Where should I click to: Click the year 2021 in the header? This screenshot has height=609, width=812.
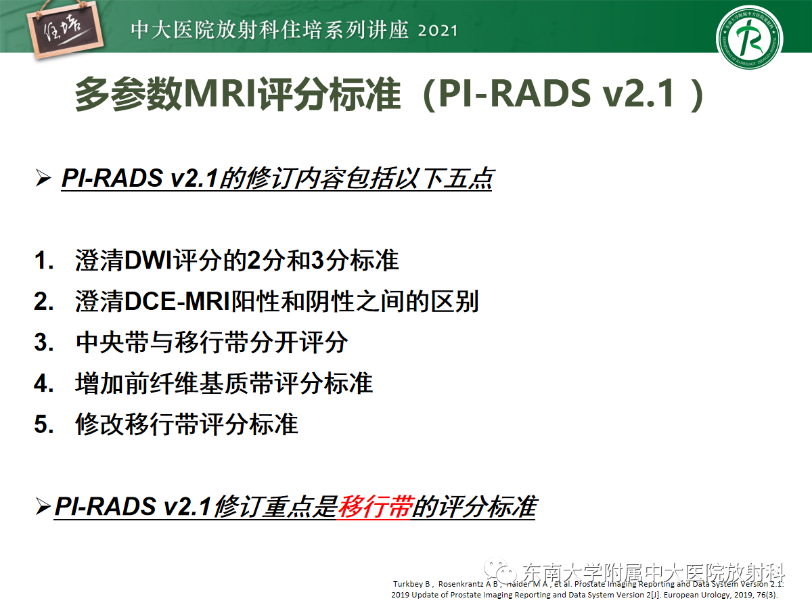(x=438, y=30)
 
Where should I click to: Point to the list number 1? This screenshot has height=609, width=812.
(x=43, y=261)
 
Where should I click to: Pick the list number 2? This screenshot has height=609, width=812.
(x=43, y=302)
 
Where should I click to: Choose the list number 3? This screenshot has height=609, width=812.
(x=43, y=342)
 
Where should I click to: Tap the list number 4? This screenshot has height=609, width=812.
(x=43, y=384)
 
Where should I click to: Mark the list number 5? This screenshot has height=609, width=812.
(x=43, y=424)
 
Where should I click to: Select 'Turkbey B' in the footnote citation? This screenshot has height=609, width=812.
(x=409, y=584)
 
